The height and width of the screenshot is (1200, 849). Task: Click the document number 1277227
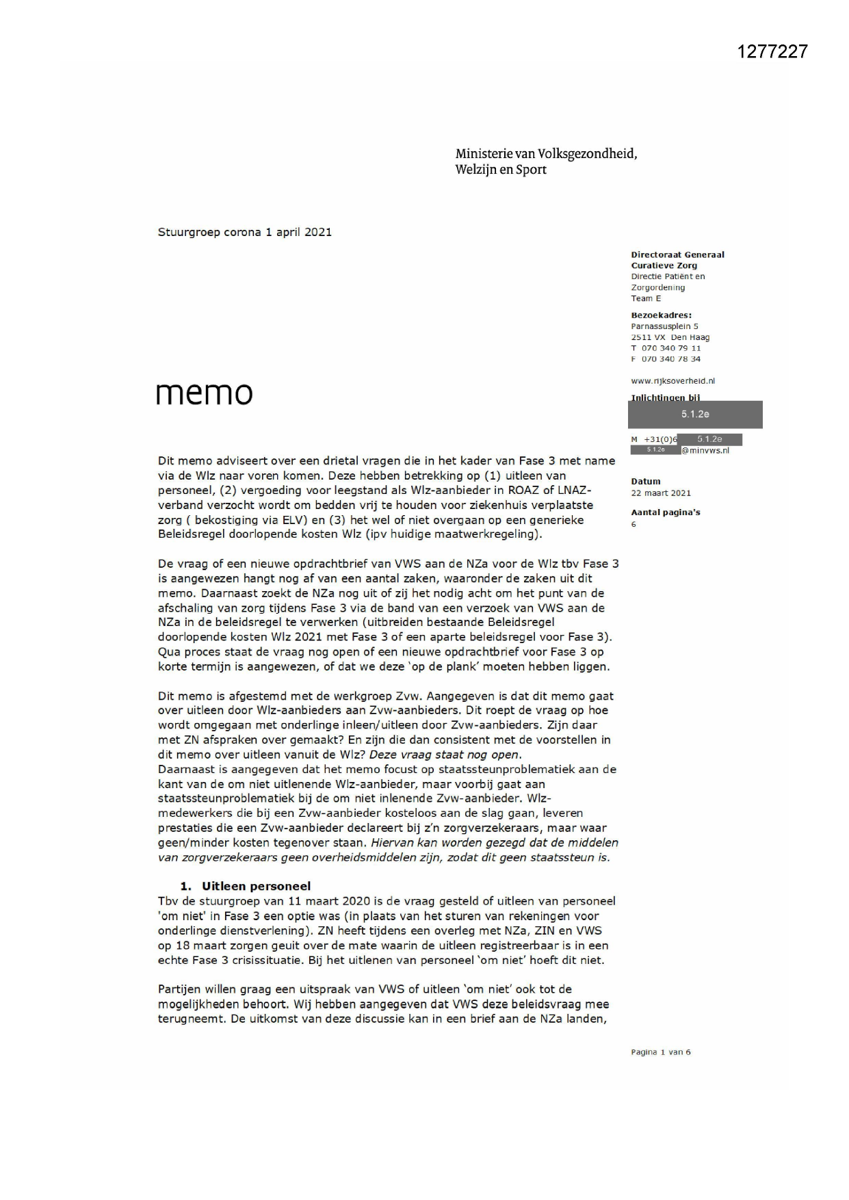tap(772, 51)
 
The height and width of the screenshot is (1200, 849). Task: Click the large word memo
tap(204, 393)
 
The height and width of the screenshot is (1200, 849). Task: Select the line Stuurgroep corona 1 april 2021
tap(244, 232)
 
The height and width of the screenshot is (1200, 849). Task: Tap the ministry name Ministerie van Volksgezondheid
tap(546, 154)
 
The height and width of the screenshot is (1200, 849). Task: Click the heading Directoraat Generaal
tap(677, 255)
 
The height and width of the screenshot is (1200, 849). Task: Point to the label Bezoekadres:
tap(660, 315)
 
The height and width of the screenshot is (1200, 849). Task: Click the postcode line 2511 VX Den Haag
tap(670, 337)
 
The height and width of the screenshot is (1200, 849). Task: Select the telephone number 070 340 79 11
tap(670, 348)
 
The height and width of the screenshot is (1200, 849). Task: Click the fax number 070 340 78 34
tap(670, 359)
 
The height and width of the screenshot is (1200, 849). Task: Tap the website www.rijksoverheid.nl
tap(672, 381)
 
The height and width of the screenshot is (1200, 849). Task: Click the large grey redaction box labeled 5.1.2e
tap(694, 415)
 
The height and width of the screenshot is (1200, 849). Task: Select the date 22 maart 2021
tap(660, 493)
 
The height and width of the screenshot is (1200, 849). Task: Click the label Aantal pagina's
tap(665, 512)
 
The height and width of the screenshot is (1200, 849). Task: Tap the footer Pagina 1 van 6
tap(660, 1052)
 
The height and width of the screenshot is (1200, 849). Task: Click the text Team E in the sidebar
tap(645, 298)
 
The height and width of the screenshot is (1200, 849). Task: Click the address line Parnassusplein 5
tap(664, 326)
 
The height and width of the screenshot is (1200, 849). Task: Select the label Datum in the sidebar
tap(645, 482)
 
